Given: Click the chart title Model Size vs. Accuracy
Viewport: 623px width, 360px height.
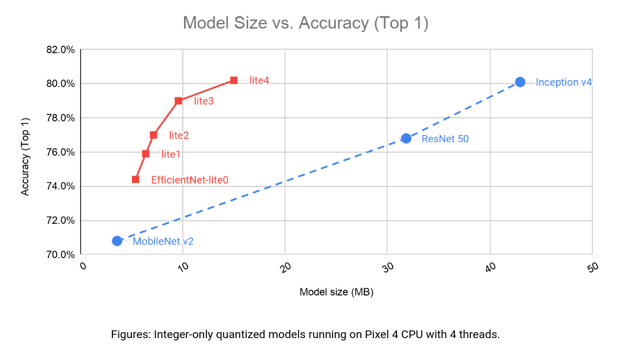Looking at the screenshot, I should click(x=305, y=22).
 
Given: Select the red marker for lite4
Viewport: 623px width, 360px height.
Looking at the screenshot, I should click(x=234, y=80).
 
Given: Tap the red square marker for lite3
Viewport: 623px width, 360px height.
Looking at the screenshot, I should click(x=178, y=101).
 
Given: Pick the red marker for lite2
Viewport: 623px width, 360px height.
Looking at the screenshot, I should click(x=153, y=135).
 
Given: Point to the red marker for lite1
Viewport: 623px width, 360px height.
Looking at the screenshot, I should click(x=146, y=154).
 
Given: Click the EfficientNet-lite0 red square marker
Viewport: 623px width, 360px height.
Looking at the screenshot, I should click(x=135, y=179).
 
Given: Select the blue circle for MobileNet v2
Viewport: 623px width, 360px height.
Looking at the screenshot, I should click(x=117, y=241).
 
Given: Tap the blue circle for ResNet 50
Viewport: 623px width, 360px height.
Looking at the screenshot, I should click(x=406, y=139).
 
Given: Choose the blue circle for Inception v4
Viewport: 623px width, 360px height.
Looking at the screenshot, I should click(x=520, y=82).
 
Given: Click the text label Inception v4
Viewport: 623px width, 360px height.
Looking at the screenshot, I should click(x=564, y=82).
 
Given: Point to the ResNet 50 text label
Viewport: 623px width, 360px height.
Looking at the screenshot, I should click(x=446, y=139).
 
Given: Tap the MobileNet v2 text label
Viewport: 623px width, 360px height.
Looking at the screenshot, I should click(x=163, y=241).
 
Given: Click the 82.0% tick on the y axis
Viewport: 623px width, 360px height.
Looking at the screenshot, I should click(x=60, y=49).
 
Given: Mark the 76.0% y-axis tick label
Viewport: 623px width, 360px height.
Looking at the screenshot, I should click(x=60, y=152).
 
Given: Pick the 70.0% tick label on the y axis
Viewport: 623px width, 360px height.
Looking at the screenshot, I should click(x=60, y=255).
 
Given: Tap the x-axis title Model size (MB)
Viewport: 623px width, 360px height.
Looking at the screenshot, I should click(x=337, y=292).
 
